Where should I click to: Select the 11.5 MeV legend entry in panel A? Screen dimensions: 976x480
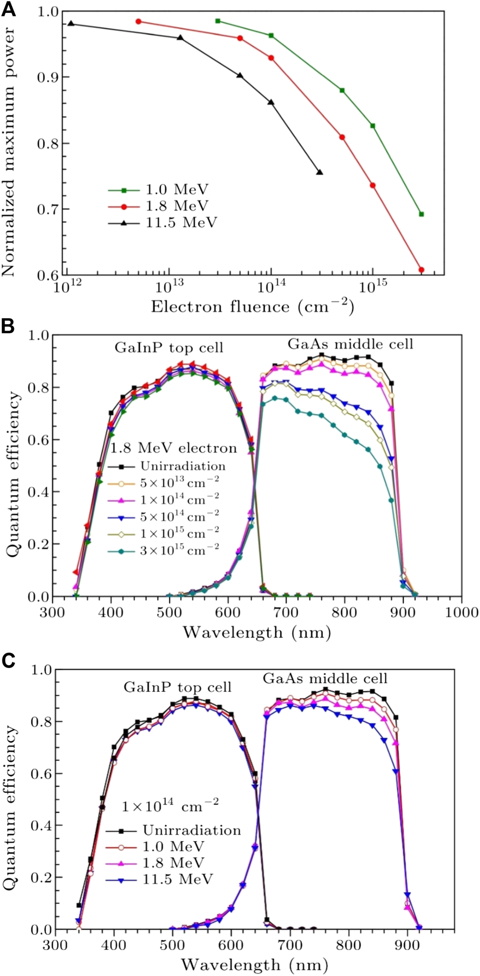click(181, 223)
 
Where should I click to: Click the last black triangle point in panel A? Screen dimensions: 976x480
click(320, 172)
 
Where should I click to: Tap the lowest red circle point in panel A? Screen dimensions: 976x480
click(421, 270)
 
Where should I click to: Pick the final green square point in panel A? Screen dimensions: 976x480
click(421, 214)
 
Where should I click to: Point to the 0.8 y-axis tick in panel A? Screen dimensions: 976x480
click(46, 143)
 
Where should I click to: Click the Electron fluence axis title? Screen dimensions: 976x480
click(252, 306)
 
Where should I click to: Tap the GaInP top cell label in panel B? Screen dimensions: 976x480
click(169, 348)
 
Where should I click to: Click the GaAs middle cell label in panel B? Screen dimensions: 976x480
click(350, 344)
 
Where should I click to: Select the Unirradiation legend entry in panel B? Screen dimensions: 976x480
click(182, 467)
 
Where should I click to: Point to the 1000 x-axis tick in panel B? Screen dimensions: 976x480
click(462, 612)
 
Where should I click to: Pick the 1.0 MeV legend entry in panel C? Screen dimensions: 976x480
click(173, 847)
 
